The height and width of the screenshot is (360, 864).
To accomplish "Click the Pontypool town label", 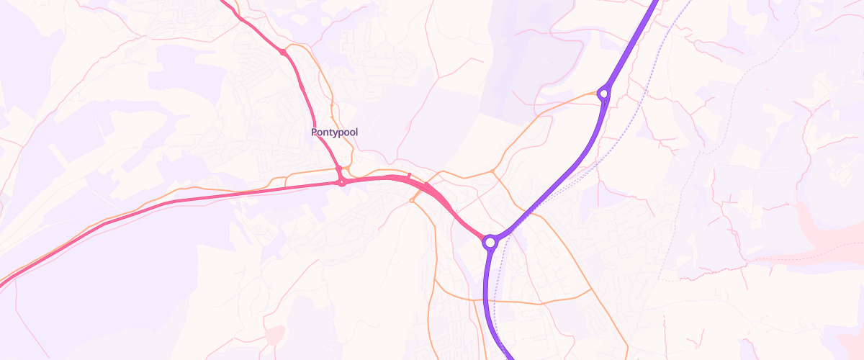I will click(334, 132).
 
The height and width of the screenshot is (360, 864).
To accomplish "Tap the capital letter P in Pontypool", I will click(315, 132).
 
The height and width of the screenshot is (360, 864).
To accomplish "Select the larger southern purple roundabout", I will click(490, 242).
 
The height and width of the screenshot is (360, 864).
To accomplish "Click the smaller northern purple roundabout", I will click(604, 93).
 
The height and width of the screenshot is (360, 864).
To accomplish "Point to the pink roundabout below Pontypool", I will click(342, 182).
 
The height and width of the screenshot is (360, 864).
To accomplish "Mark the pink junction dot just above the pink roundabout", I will click(338, 168).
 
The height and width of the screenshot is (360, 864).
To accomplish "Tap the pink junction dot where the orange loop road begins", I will click(284, 52).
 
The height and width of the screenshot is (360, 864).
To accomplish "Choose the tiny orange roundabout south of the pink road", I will click(412, 200).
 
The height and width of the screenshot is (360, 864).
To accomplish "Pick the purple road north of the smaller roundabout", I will click(634, 43).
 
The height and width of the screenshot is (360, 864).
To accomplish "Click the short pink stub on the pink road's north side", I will click(409, 175).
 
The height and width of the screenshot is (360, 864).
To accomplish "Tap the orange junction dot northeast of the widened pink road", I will click(492, 171).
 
